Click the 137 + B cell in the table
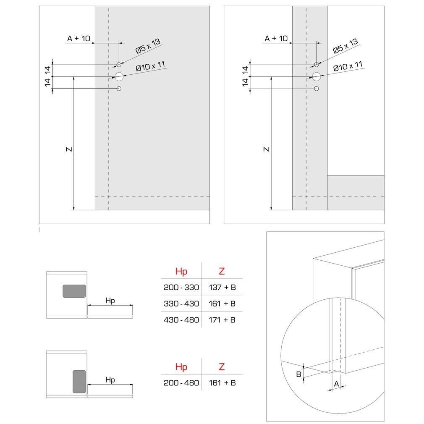tap(222, 287)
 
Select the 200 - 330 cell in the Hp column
tap(181, 287)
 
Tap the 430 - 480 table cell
tap(181, 320)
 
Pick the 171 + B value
tap(222, 320)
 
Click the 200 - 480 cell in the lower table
tap(181, 383)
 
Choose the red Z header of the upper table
tap(222, 271)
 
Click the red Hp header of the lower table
tap(181, 367)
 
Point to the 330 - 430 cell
tap(181, 304)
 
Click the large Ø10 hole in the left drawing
tap(119, 77)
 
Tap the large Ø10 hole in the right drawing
tap(317, 77)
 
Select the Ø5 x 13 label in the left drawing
tap(148, 46)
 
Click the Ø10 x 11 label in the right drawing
tap(348, 66)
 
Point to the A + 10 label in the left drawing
tap(79, 38)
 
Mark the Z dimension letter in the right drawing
tap(267, 149)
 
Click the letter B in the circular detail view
tap(298, 374)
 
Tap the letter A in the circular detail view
tap(336, 384)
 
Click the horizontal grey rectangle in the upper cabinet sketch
tap(74, 291)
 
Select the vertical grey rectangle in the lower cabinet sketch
tap(79, 382)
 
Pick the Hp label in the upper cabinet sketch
tap(110, 301)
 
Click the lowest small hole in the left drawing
tap(119, 89)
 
